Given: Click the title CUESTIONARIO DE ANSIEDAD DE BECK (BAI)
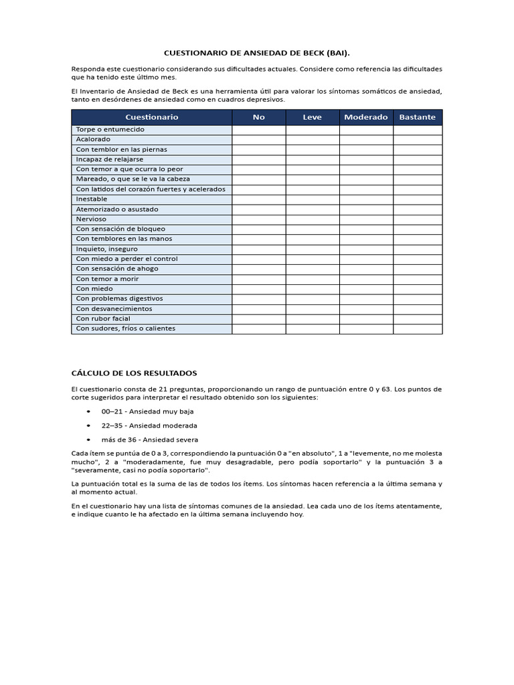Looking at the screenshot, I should (257, 52).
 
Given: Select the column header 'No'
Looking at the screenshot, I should (258, 117).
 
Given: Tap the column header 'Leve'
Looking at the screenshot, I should (312, 117).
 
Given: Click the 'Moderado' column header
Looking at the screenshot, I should (365, 117).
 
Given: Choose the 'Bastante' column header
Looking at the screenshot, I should (417, 117).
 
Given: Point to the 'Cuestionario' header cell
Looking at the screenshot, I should (151, 117).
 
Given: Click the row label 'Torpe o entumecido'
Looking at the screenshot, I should (110, 129).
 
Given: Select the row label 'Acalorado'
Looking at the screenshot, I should (93, 139).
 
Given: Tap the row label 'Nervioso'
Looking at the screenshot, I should (91, 219).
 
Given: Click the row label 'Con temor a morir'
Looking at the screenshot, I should (107, 278).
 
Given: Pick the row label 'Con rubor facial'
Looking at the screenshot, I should (103, 318).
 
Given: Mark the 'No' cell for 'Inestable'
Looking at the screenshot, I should (258, 199).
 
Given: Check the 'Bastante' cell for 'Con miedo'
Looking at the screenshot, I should (417, 288).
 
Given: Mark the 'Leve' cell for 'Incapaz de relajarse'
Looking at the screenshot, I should (312, 159).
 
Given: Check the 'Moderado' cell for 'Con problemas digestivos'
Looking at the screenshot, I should (365, 298).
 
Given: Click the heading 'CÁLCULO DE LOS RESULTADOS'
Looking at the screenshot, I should (134, 373).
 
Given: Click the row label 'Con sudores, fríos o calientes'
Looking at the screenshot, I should (125, 328).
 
